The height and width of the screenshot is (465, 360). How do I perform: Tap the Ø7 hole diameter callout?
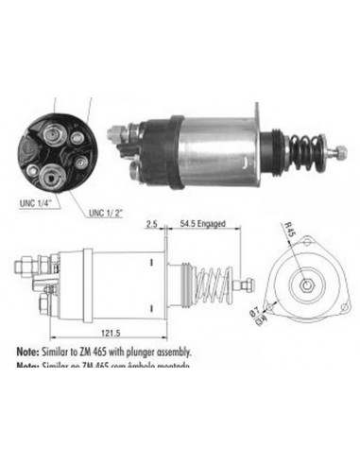point(278,304)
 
